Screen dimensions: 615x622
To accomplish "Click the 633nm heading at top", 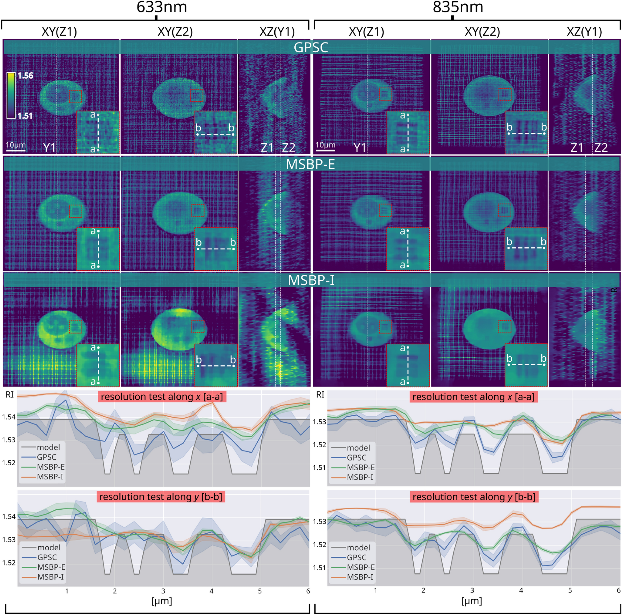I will click(x=162, y=7).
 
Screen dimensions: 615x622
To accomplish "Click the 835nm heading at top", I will click(x=457, y=7).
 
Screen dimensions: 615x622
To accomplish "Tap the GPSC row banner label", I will click(x=311, y=48).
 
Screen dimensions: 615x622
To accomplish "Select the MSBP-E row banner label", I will click(x=310, y=164).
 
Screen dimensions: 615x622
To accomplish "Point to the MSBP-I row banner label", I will click(x=311, y=280).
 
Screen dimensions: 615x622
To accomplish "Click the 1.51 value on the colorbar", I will click(x=25, y=116).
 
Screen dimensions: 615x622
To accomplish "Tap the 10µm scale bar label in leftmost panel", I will click(x=16, y=145).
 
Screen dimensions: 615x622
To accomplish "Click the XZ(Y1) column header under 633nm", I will click(x=277, y=31).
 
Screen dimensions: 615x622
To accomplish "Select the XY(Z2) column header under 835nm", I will click(x=482, y=31).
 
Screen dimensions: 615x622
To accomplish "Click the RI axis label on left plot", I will click(x=10, y=395).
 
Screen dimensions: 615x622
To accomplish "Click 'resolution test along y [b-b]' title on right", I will click(x=474, y=497).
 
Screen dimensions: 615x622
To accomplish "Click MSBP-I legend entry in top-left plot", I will click(x=50, y=477).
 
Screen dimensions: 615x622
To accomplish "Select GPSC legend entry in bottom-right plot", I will click(x=356, y=557).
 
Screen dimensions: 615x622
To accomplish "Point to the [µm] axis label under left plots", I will click(x=162, y=601).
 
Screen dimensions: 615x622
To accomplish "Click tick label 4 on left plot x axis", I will click(x=211, y=591).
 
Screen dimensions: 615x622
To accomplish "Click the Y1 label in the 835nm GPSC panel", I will click(x=360, y=148).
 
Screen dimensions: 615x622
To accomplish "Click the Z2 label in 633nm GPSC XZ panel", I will click(x=288, y=148).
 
